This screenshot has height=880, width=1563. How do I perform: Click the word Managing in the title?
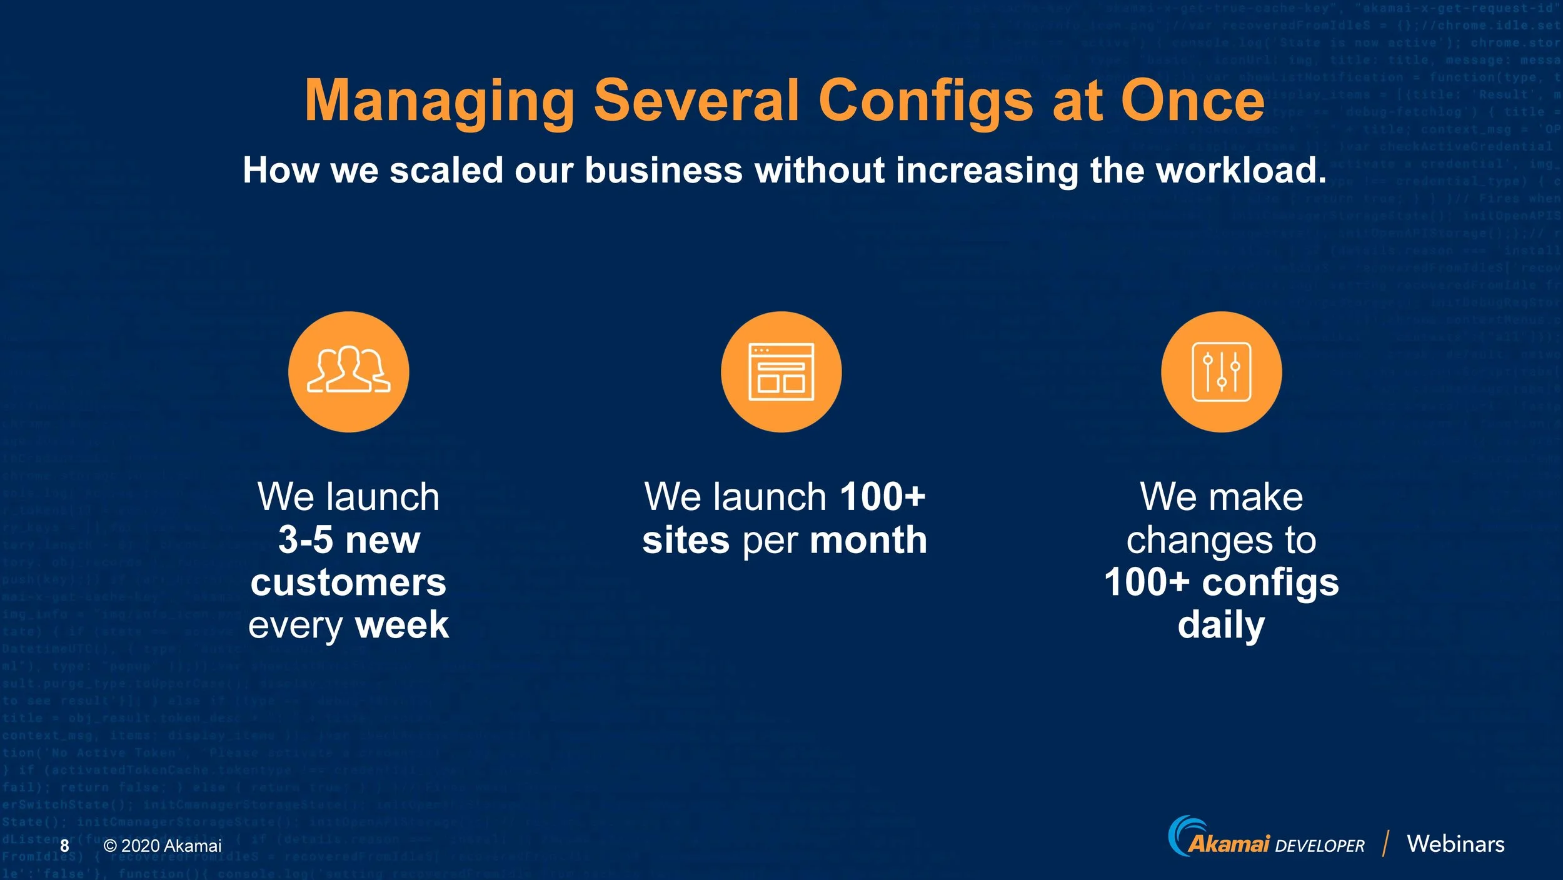tap(439, 101)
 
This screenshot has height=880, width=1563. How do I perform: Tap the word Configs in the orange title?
tap(925, 101)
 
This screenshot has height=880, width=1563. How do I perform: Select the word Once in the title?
tap(1193, 101)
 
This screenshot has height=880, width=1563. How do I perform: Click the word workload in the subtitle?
tap(1240, 170)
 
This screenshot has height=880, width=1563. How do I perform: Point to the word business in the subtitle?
tap(663, 170)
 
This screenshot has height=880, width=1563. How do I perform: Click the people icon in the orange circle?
tap(349, 371)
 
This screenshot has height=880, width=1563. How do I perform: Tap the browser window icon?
tap(781, 372)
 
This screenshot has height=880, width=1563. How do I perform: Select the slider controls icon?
tap(1221, 372)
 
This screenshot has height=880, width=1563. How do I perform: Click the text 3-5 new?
tap(349, 539)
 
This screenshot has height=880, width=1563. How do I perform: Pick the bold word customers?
tap(349, 582)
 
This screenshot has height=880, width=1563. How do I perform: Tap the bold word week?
tap(402, 625)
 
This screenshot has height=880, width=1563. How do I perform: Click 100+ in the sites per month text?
tap(882, 497)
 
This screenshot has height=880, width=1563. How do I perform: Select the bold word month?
tap(868, 540)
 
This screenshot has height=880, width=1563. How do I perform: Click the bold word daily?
tap(1221, 625)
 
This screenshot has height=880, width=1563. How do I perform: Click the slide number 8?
tap(64, 846)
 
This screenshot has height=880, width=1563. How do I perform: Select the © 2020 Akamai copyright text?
tap(163, 846)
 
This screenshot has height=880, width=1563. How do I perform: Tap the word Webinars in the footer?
tap(1455, 844)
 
